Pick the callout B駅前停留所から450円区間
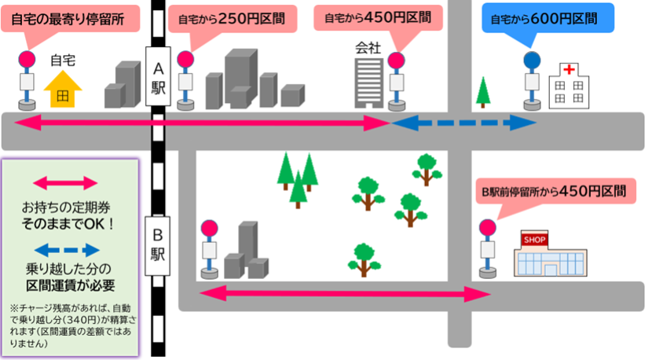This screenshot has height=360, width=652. point(553,190)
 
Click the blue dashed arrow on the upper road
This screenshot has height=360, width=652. point(463,123)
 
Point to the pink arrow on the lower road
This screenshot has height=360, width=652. point(345,294)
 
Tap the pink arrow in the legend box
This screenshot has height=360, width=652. point(71,183)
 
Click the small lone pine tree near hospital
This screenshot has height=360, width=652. point(485,91)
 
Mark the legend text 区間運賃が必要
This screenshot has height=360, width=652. point(71,285)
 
